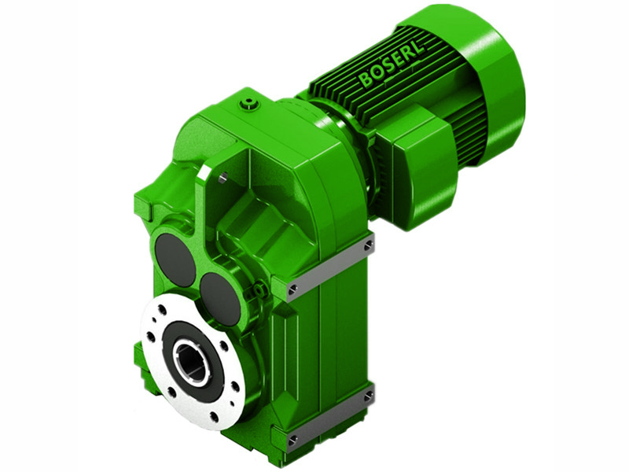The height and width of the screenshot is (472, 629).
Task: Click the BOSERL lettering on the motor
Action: pyautogui.click(x=392, y=64)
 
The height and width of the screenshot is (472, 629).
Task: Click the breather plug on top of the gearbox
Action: pyautogui.click(x=250, y=102)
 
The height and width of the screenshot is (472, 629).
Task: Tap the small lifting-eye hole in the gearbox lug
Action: pyautogui.click(x=223, y=179)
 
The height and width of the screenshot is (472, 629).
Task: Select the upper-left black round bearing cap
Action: pyautogui.click(x=175, y=260)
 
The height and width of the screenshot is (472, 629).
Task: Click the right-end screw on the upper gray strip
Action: pyautogui.click(x=368, y=246)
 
